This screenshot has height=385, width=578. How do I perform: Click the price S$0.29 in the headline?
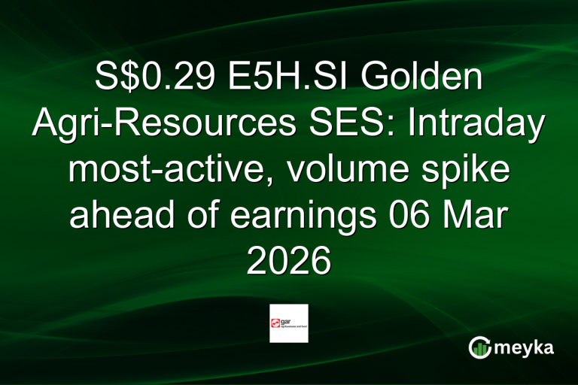[146, 78]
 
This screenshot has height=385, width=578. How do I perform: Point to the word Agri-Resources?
[156, 124]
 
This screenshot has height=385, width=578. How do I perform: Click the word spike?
[467, 171]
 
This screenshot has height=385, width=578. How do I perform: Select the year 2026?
[289, 262]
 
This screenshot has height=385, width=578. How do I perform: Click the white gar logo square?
[289, 323]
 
